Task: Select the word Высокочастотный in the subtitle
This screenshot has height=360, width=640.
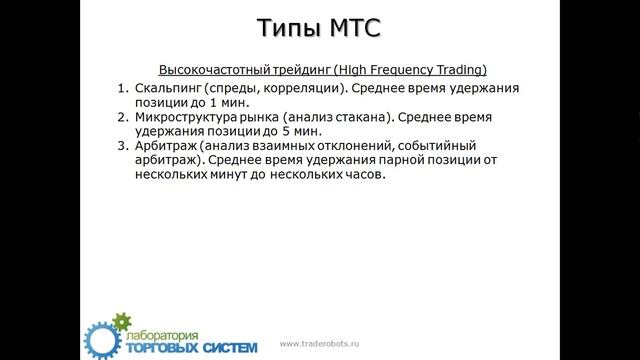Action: pos(218,69)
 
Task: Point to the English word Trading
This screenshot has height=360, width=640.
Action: pos(455,69)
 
